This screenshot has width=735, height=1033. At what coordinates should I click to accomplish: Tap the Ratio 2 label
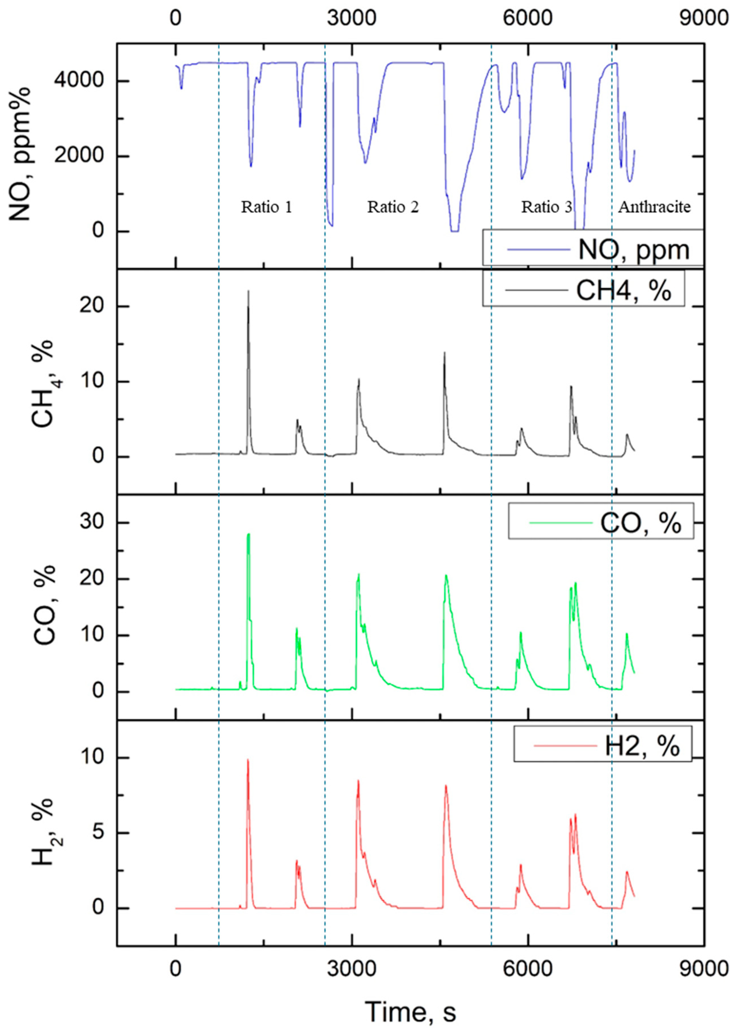393,207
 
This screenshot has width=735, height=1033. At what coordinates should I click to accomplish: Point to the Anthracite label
654,207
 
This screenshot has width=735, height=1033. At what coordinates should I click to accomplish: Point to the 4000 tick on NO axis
81,81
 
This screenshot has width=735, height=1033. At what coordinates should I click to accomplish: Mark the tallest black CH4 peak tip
248,291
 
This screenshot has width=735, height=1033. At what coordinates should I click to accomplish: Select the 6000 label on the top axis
528,18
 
